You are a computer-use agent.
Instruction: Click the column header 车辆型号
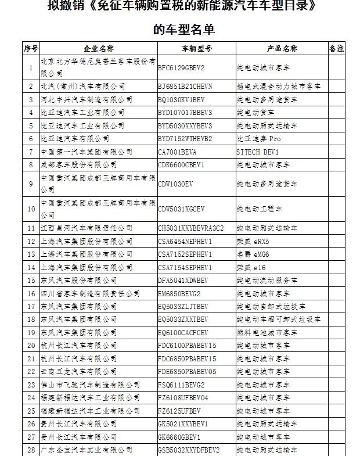(196, 48)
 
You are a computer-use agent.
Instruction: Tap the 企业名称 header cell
(98, 48)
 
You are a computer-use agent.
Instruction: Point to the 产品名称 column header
(282, 48)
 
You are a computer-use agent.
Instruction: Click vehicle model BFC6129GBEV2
(182, 67)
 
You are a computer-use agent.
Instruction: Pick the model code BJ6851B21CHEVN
(185, 87)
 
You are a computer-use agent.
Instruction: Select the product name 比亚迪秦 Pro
(258, 139)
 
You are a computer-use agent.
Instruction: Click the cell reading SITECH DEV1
(258, 152)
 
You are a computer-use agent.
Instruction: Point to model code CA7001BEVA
(178, 152)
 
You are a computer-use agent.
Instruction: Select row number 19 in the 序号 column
(31, 332)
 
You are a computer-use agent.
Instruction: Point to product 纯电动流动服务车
(267, 280)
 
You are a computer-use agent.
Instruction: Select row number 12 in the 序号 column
(31, 240)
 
